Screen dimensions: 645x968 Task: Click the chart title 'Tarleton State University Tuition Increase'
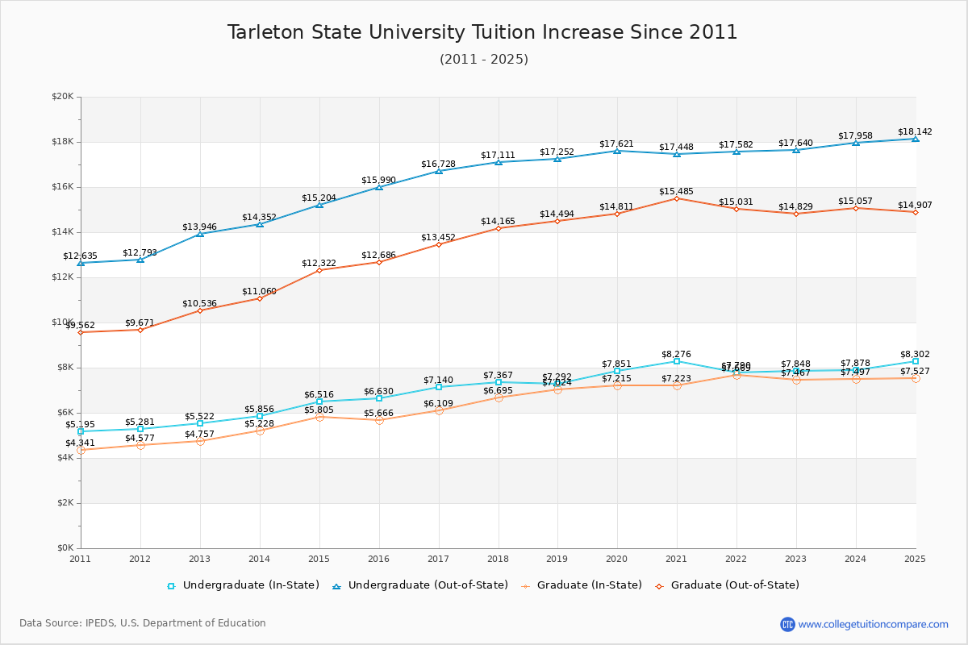click(482, 32)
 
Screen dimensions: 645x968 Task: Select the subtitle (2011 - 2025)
click(484, 60)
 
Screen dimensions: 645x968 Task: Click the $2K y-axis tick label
click(65, 503)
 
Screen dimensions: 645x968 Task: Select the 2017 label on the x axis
click(438, 558)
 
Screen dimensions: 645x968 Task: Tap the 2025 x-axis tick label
click(915, 558)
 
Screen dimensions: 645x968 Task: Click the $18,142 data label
click(915, 131)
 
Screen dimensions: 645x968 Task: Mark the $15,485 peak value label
click(676, 191)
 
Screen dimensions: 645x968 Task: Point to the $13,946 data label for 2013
click(199, 227)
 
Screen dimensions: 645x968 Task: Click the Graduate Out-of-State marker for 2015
click(319, 270)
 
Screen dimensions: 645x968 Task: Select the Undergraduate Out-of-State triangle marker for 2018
click(499, 162)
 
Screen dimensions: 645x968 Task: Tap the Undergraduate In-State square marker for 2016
click(379, 398)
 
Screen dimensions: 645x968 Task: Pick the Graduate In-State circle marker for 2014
click(260, 431)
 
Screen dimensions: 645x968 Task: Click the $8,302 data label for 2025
click(915, 354)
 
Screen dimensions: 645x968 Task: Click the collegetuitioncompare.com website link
click(873, 624)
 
